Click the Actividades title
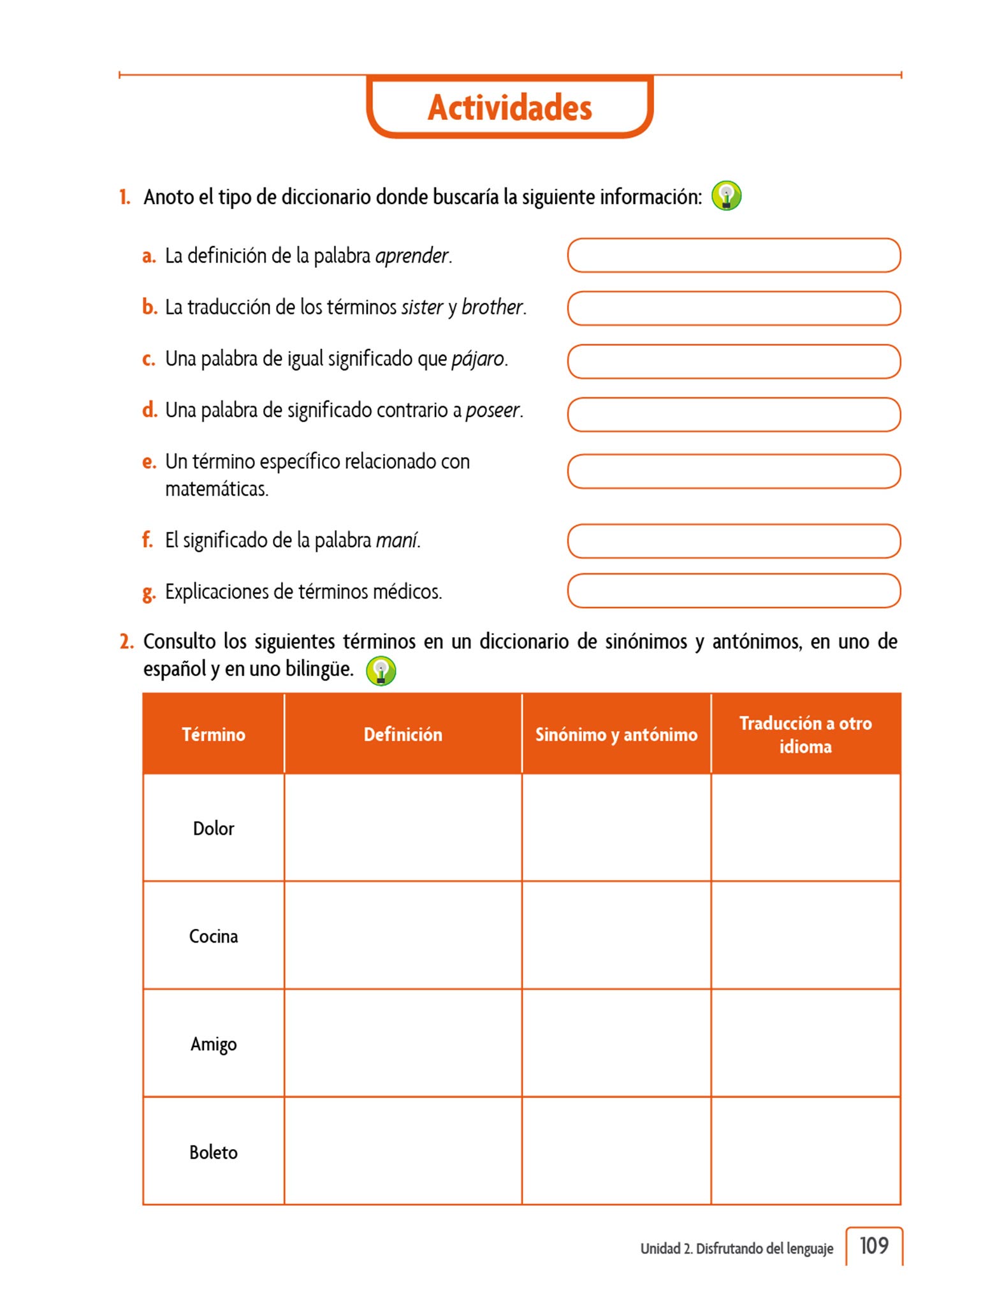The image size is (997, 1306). [x=509, y=107]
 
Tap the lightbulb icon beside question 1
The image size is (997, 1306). [x=726, y=196]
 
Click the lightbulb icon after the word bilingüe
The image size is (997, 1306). [x=381, y=671]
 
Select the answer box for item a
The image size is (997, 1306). [x=733, y=256]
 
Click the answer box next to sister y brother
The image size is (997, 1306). [x=733, y=309]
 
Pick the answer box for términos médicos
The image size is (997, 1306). [x=733, y=591]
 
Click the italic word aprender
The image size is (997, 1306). [x=412, y=256]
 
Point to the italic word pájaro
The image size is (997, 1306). [x=477, y=359]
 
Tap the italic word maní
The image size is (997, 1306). [x=397, y=541]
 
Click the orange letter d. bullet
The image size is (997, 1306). [x=149, y=410]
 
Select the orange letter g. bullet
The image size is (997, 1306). [x=149, y=592]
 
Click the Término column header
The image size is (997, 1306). [x=214, y=735]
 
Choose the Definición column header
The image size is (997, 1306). [x=403, y=735]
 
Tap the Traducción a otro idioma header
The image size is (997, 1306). [x=805, y=735]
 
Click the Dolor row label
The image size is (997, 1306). [x=214, y=828]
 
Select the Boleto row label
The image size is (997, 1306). [x=214, y=1152]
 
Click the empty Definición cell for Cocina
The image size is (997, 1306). [x=403, y=935]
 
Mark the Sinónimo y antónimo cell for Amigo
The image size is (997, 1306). [x=616, y=1043]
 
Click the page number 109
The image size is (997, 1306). [x=874, y=1245]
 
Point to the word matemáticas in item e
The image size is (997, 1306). [x=216, y=489]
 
